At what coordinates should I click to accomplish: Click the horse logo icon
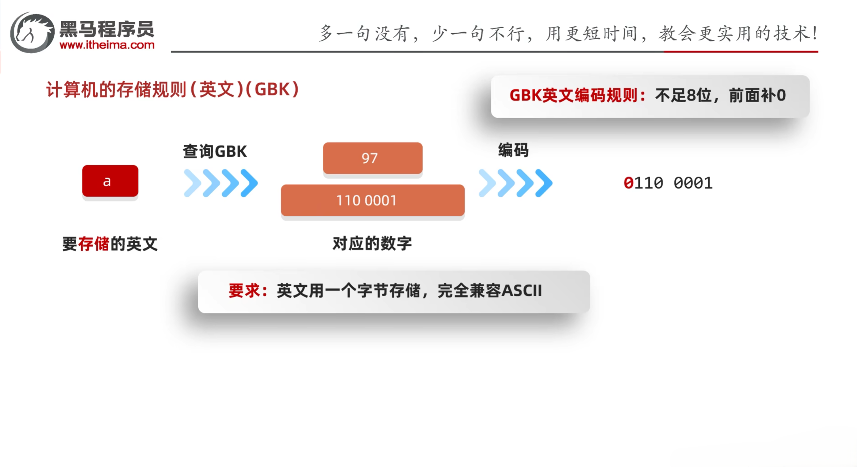click(x=32, y=33)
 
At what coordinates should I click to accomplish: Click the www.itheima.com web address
click(x=107, y=45)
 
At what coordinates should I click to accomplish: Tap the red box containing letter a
click(x=110, y=181)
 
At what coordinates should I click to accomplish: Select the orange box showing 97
click(x=372, y=158)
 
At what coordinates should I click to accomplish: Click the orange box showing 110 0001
click(x=372, y=200)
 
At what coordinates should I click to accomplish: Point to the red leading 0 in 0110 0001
click(x=628, y=183)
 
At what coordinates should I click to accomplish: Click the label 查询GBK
click(x=215, y=151)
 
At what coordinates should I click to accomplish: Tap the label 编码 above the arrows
click(x=513, y=150)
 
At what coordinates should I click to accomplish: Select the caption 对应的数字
click(x=372, y=244)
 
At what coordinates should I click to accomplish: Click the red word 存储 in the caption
click(x=94, y=244)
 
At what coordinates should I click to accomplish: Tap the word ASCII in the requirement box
click(x=521, y=291)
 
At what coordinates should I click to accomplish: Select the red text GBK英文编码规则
click(x=574, y=95)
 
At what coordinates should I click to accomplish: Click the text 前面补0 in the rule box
click(x=757, y=95)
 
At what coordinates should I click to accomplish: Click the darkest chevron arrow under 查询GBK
click(x=249, y=183)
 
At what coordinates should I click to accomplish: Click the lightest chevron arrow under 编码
click(x=487, y=183)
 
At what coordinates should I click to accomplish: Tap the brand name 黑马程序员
click(x=107, y=29)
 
